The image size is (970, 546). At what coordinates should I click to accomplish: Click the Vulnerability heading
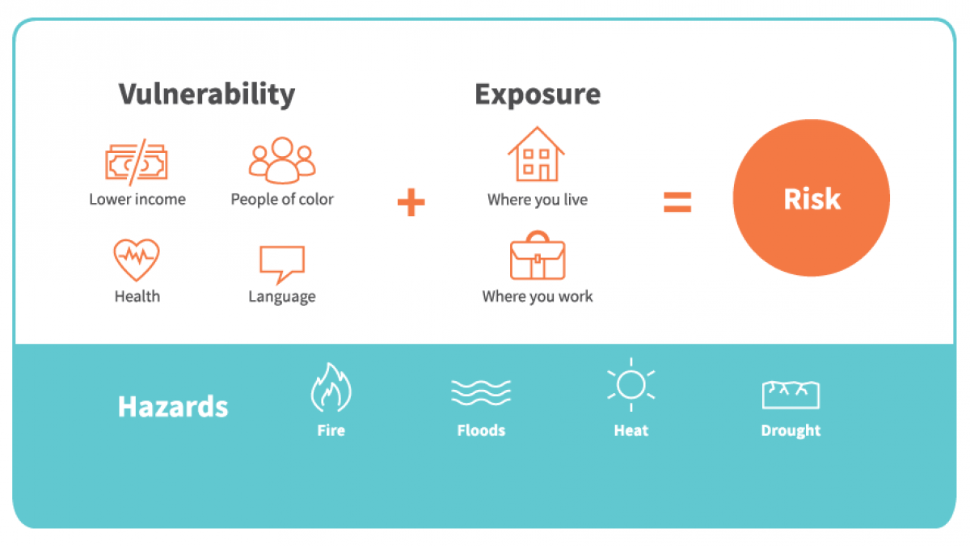(x=207, y=95)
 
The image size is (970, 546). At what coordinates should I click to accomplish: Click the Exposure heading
(x=538, y=95)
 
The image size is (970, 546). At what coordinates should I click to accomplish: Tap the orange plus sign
(x=411, y=202)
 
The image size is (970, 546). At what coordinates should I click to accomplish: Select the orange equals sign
(x=677, y=202)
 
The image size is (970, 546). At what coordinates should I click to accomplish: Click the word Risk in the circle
(x=812, y=199)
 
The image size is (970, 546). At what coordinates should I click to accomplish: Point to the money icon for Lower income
(x=137, y=162)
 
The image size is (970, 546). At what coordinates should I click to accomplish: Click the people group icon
(x=282, y=160)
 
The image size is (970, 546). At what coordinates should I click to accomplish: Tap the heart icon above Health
(x=137, y=260)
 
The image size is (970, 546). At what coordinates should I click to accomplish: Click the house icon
(x=537, y=154)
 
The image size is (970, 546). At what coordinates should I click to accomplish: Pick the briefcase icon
(x=538, y=256)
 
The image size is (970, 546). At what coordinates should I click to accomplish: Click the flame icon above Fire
(x=331, y=387)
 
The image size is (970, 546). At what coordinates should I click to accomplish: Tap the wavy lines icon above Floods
(x=481, y=392)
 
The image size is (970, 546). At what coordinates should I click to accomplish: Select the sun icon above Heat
(x=631, y=385)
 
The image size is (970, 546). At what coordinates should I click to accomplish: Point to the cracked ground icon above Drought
(x=791, y=395)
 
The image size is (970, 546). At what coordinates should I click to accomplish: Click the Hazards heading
(x=173, y=406)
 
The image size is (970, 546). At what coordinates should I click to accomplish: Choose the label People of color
(x=282, y=199)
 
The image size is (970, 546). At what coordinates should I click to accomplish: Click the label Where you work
(x=538, y=296)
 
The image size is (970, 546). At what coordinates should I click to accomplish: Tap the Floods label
(x=481, y=430)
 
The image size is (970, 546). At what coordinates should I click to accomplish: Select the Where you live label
(x=538, y=199)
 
